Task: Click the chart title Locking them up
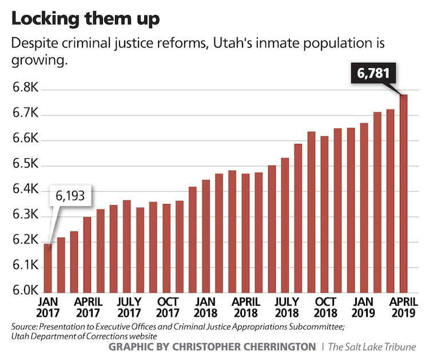coord(85,18)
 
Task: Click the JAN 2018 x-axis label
coord(205,306)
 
